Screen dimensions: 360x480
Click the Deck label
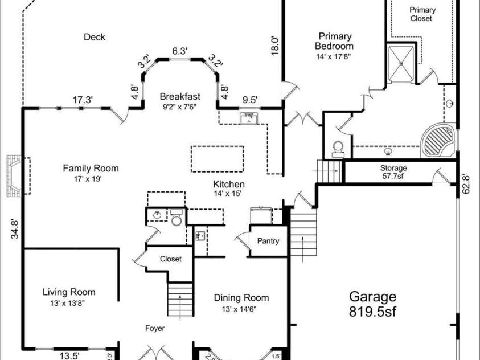pos(95,38)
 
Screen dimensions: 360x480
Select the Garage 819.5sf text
pos(372,304)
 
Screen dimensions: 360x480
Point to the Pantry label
pos(268,241)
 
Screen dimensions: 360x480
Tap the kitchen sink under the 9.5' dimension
pos(248,119)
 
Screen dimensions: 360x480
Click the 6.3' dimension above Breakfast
pos(180,51)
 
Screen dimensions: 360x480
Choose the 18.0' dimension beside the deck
pos(275,45)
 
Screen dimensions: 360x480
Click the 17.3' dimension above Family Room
pos(83,100)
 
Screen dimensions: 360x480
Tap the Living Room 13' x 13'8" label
pos(69,298)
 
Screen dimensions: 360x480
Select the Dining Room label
pos(241,302)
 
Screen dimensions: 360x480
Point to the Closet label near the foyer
pos(170,259)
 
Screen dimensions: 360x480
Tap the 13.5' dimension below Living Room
pos(69,355)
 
